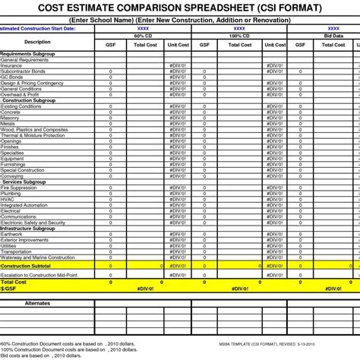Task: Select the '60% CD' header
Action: pos(143,35)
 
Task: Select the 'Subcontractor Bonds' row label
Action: pos(24,71)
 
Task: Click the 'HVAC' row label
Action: pos(9,199)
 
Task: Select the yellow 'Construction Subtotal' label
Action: pos(26,266)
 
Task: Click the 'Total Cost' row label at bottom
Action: pos(14,282)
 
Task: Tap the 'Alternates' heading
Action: pos(37,302)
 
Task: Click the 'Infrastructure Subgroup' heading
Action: pos(27,228)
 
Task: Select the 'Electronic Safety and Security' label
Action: pos(33,222)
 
